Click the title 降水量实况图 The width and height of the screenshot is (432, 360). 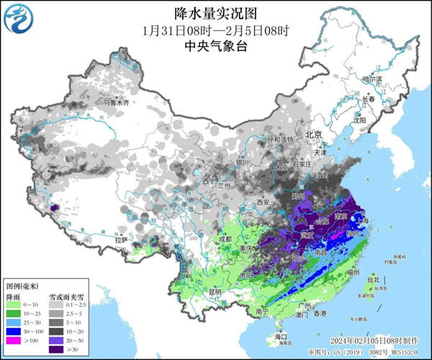216,13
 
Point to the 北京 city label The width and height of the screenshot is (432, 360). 312,135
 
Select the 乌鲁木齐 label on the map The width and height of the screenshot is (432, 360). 116,103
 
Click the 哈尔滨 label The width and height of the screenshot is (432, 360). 370,78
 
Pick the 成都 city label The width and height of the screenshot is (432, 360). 223,238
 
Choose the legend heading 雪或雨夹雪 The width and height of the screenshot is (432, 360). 63,295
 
